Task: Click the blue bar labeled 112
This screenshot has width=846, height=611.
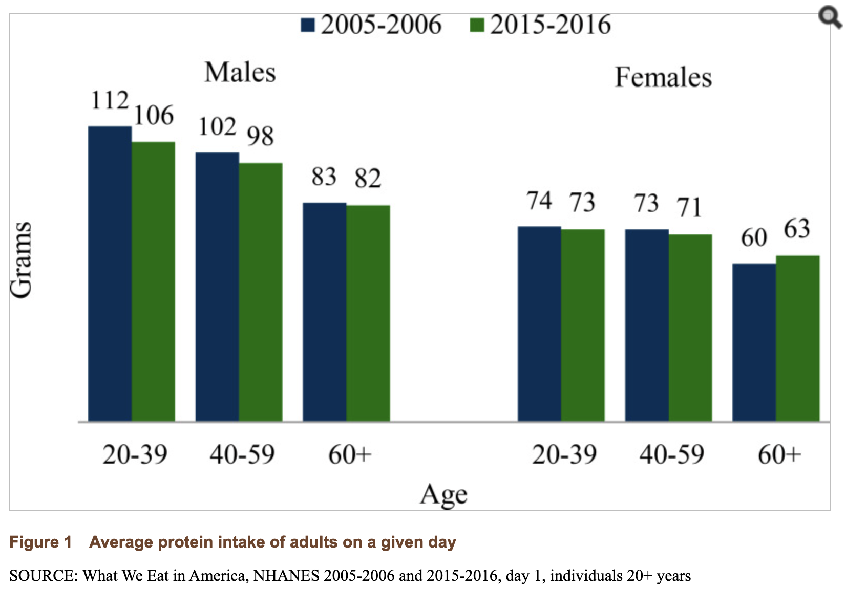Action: click(x=110, y=274)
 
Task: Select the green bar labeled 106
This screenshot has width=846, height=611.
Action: click(x=153, y=281)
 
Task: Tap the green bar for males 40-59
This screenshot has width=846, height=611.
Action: click(x=260, y=292)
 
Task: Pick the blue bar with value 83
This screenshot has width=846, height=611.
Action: click(x=324, y=312)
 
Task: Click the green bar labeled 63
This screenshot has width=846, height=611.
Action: click(x=797, y=338)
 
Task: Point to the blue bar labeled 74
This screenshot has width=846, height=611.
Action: click(x=539, y=323)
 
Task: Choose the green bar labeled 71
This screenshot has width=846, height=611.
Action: click(x=690, y=328)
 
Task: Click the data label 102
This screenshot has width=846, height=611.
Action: click(x=217, y=126)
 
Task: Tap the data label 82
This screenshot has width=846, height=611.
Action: click(x=368, y=179)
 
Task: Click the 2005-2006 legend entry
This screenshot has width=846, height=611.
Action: click(x=371, y=25)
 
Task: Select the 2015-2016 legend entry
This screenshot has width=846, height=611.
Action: click(x=540, y=25)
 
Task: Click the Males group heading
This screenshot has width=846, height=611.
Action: click(x=240, y=72)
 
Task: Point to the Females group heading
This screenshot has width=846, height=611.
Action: click(x=663, y=78)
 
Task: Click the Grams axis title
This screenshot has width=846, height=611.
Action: click(x=22, y=259)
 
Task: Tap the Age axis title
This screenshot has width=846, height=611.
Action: click(x=443, y=494)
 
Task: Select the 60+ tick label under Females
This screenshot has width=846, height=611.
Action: click(x=779, y=454)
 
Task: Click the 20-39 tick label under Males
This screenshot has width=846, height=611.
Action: click(x=135, y=454)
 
